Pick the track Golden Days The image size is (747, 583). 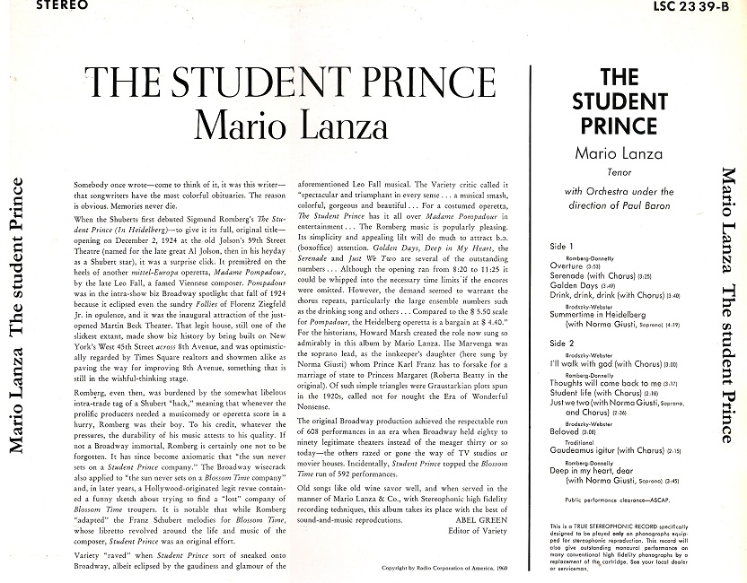pyautogui.click(x=574, y=285)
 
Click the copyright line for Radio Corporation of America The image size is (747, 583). pyautogui.click(x=440, y=569)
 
